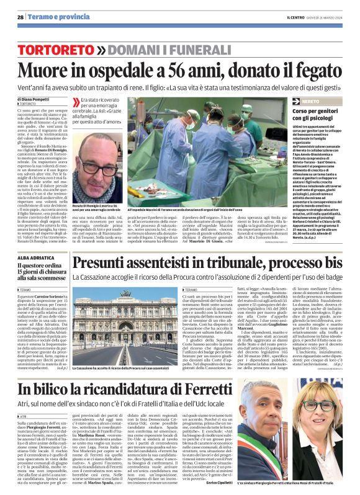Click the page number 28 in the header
click(x=21, y=17)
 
